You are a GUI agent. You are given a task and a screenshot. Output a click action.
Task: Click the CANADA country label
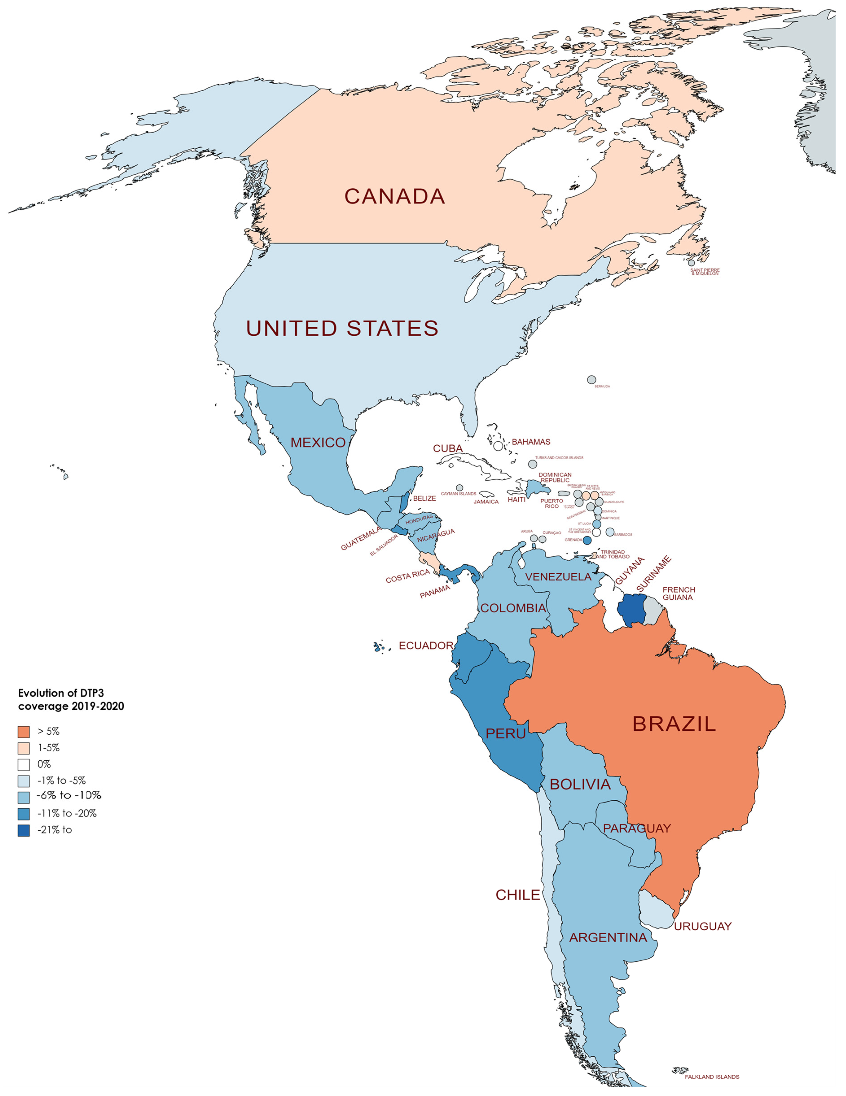[395, 196]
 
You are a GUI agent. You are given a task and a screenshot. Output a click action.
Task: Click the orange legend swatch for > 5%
[24, 731]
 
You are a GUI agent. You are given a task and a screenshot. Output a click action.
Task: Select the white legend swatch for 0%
[24, 764]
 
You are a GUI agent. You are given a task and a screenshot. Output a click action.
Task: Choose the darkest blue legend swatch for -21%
[24, 830]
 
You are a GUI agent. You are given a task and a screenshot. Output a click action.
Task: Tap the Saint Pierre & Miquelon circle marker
[692, 262]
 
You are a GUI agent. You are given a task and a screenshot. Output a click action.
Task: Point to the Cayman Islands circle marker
[459, 487]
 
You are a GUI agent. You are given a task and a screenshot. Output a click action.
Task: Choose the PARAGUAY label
[637, 829]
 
